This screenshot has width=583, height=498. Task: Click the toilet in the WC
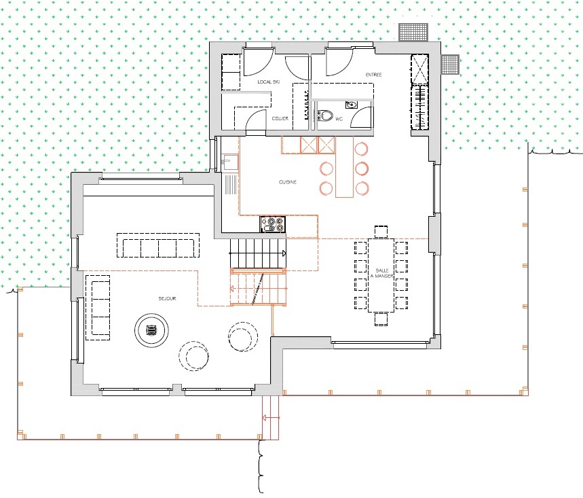point(326,116)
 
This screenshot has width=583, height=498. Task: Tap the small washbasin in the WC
point(351,105)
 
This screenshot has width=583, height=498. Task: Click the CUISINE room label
point(288,182)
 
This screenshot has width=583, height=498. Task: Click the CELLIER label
point(280,118)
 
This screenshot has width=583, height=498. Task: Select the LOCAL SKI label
point(268,82)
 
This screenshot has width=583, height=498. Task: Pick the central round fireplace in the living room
point(151,331)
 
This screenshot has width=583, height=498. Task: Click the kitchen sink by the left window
point(229,162)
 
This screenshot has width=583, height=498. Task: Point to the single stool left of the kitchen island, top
point(326,168)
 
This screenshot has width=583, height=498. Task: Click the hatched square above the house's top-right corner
point(413,32)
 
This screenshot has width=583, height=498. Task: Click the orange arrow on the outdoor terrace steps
point(271,417)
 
